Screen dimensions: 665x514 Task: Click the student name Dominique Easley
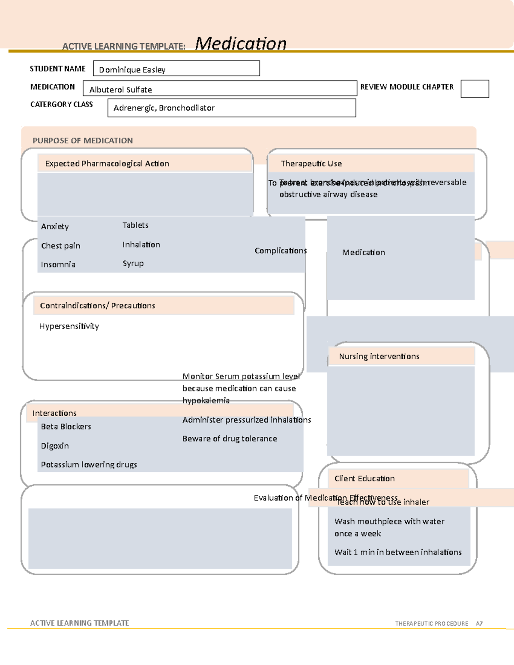[x=132, y=70]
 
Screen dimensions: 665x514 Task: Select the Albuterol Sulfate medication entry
[x=120, y=89]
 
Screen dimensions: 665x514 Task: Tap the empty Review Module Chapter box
[x=475, y=89]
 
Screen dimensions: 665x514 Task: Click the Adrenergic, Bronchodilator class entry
[x=164, y=108]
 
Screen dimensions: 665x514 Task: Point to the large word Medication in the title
[x=241, y=44]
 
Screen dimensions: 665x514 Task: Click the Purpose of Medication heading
[x=83, y=140]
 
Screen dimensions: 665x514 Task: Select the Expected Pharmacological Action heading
[x=107, y=164]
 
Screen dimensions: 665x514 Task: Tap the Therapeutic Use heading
[x=311, y=164]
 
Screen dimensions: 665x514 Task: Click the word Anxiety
[x=55, y=227]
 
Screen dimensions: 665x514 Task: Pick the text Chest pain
[x=60, y=246]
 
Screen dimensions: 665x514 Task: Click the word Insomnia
[x=58, y=265]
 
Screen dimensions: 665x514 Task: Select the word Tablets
[x=135, y=225]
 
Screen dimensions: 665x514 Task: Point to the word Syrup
[x=133, y=263]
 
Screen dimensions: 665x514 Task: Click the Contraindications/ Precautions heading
[x=97, y=306]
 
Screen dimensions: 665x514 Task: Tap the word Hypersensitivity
[x=69, y=326]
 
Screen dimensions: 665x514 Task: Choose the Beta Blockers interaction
[x=66, y=426]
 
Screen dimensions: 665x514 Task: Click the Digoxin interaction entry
[x=55, y=446]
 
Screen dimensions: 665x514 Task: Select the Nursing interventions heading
[x=379, y=356]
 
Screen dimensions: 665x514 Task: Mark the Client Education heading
[x=365, y=479]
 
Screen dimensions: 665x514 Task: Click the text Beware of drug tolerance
[x=230, y=438]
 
